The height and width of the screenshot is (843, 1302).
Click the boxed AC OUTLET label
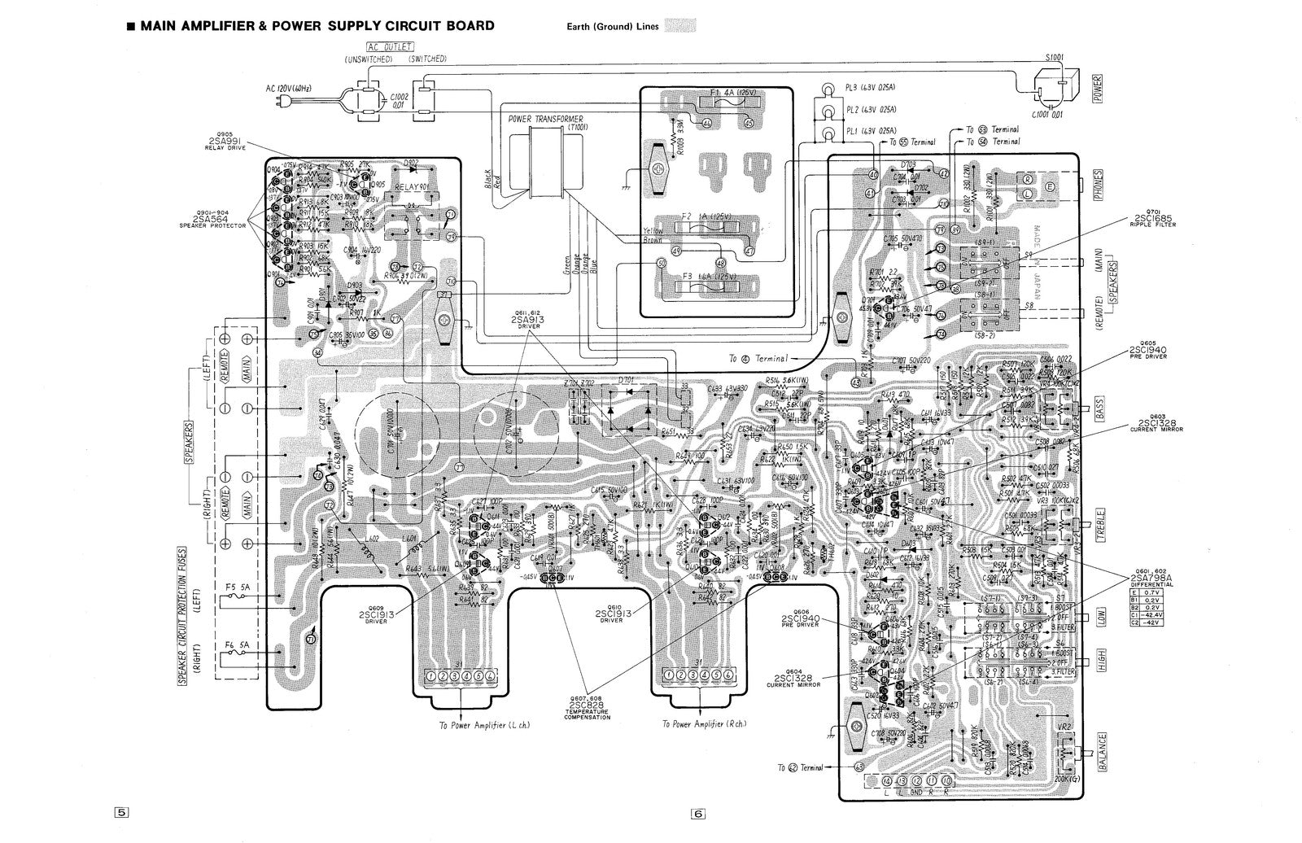coord(387,47)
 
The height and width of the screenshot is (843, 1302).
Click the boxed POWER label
coord(1097,84)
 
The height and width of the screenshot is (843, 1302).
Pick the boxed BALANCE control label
coord(1101,752)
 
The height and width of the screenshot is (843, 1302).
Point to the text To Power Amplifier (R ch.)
coord(704,723)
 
